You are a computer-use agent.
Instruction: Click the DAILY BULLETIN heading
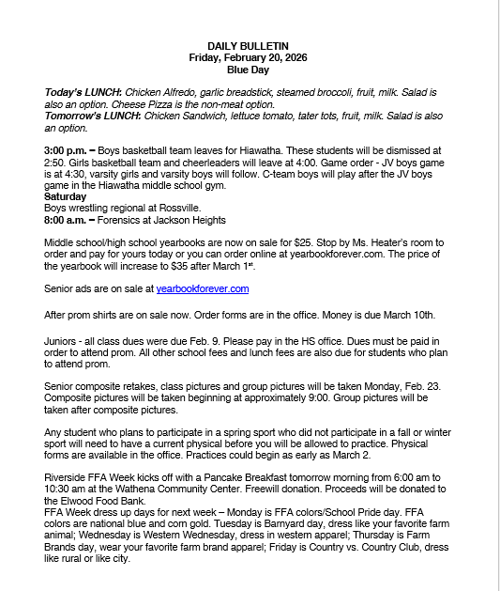[248, 46]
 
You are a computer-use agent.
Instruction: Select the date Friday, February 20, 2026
[248, 57]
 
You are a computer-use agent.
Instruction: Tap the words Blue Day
[248, 70]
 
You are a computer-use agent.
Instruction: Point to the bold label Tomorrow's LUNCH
[88, 116]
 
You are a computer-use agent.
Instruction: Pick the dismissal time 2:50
[57, 162]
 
